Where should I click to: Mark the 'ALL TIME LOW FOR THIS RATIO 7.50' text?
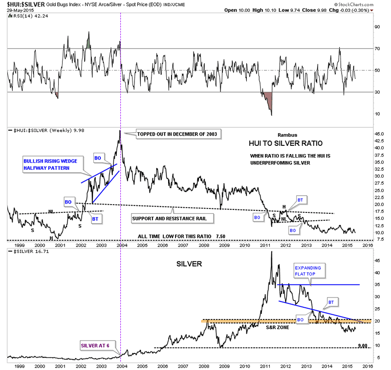tap(181, 236)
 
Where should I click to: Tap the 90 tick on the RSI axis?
tap(377, 27)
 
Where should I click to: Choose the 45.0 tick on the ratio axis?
tap(378, 133)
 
